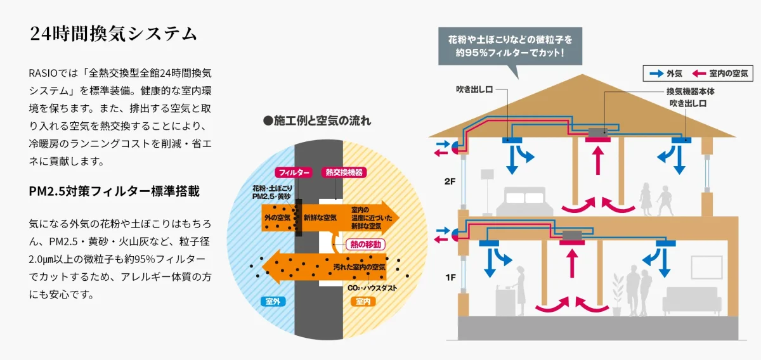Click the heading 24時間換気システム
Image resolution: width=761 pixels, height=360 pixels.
coord(114,34)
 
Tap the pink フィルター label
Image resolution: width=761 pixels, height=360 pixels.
coord(293,172)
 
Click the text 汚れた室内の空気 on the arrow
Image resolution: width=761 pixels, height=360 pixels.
coord(360,267)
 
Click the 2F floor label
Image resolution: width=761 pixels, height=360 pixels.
coord(450,181)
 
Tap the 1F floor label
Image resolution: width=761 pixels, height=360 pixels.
coord(450,277)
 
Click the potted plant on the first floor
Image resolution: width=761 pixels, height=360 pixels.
coord(617,295)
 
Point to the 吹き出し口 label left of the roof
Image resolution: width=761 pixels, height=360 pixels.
coord(474,89)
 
